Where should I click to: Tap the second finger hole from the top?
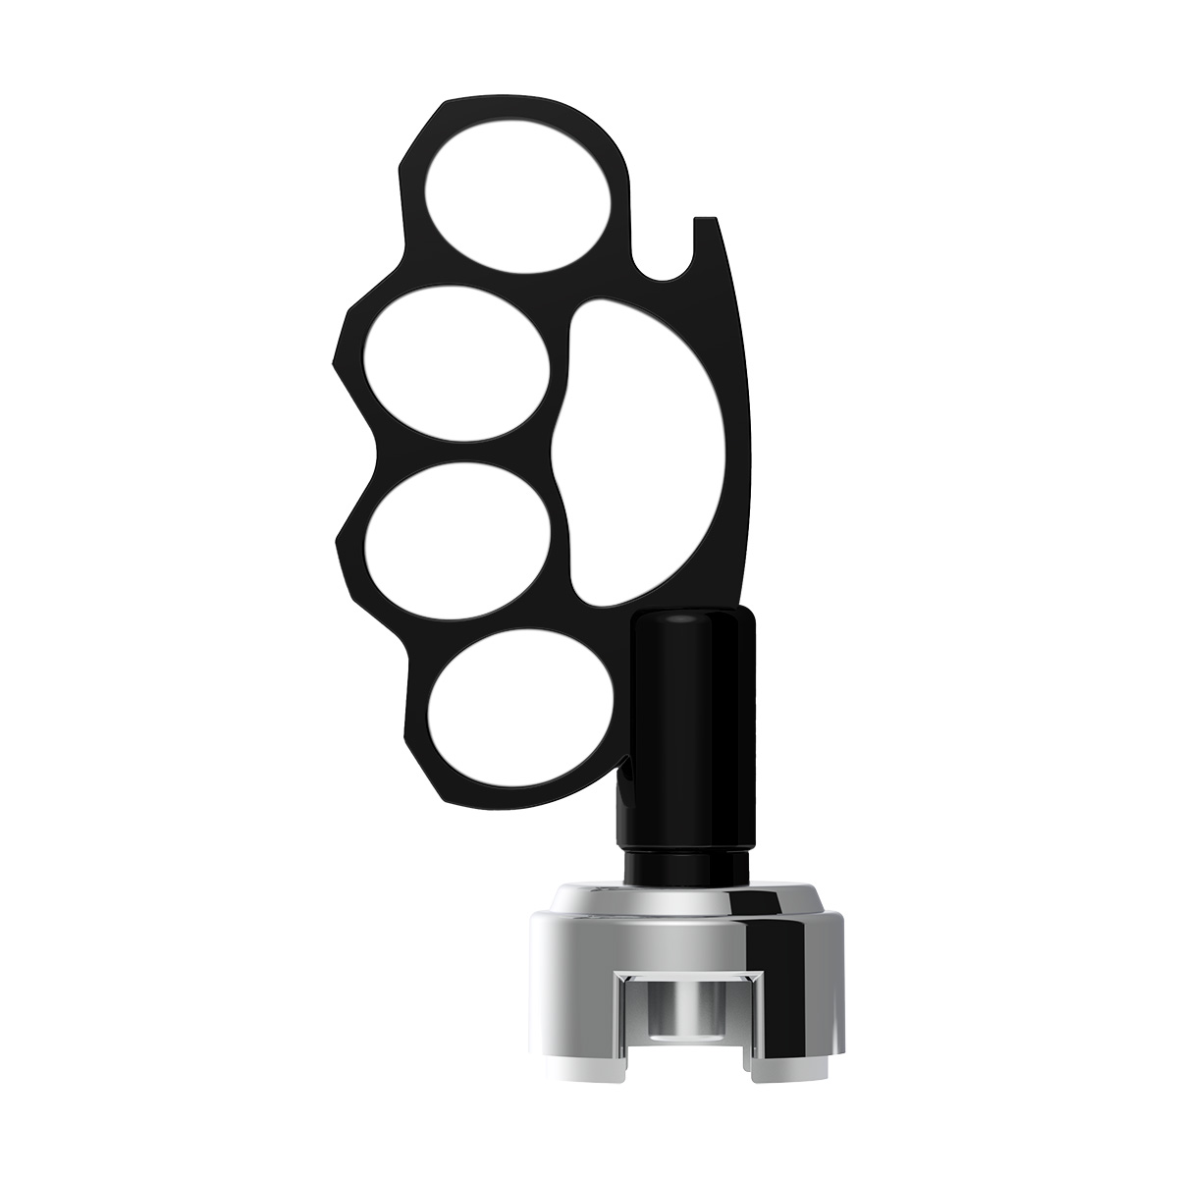click(x=456, y=364)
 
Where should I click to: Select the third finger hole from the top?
click(x=457, y=539)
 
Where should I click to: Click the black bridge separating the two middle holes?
click(x=461, y=453)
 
